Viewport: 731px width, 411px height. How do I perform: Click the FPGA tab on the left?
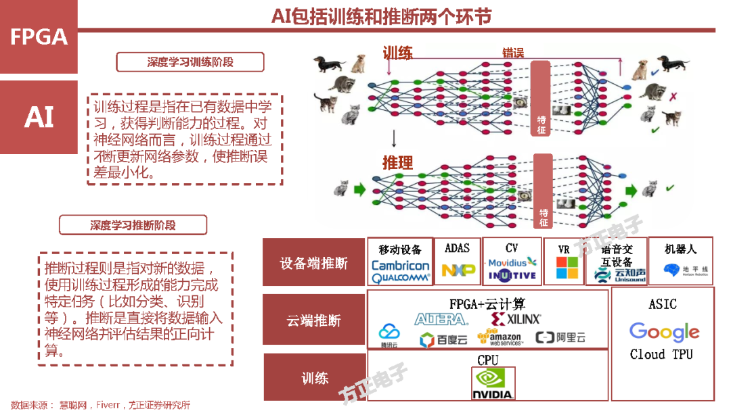point(39,37)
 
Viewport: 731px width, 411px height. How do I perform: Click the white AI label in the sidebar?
point(39,117)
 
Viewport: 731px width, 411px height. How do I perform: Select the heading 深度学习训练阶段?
point(190,62)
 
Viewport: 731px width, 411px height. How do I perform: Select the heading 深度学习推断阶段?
point(133,225)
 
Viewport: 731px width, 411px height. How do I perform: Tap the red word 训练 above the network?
point(397,53)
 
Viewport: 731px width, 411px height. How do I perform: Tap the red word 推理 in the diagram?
point(397,162)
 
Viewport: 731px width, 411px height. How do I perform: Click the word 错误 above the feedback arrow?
point(512,53)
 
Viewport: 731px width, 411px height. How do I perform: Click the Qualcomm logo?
point(400,277)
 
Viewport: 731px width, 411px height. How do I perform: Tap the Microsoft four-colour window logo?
point(567,267)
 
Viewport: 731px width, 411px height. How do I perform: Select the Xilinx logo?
point(516,318)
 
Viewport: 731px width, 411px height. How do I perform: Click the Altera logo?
point(441,318)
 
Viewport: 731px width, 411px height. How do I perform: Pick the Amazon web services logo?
point(500,337)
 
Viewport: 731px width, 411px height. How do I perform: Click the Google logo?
point(663,332)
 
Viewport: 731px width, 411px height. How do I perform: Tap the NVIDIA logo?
point(493,385)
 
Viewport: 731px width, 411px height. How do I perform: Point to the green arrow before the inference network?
point(359,188)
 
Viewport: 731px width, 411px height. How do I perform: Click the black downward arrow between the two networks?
point(393,139)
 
